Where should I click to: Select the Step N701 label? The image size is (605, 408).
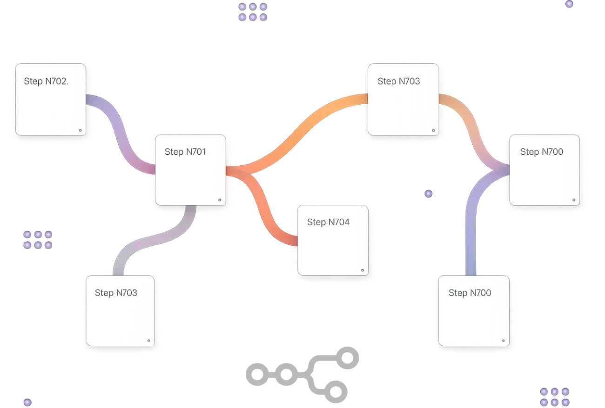coord(185,152)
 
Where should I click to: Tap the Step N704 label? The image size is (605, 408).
coord(328,222)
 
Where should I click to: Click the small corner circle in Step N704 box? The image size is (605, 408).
coord(363,270)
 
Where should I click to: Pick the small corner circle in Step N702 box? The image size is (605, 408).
coord(80,131)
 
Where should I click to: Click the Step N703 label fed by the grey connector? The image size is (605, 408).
coord(116,293)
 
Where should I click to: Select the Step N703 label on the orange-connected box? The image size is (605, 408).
coord(398,81)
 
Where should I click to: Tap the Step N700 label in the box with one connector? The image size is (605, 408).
coord(470,293)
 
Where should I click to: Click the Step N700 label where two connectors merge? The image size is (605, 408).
coord(541,152)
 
